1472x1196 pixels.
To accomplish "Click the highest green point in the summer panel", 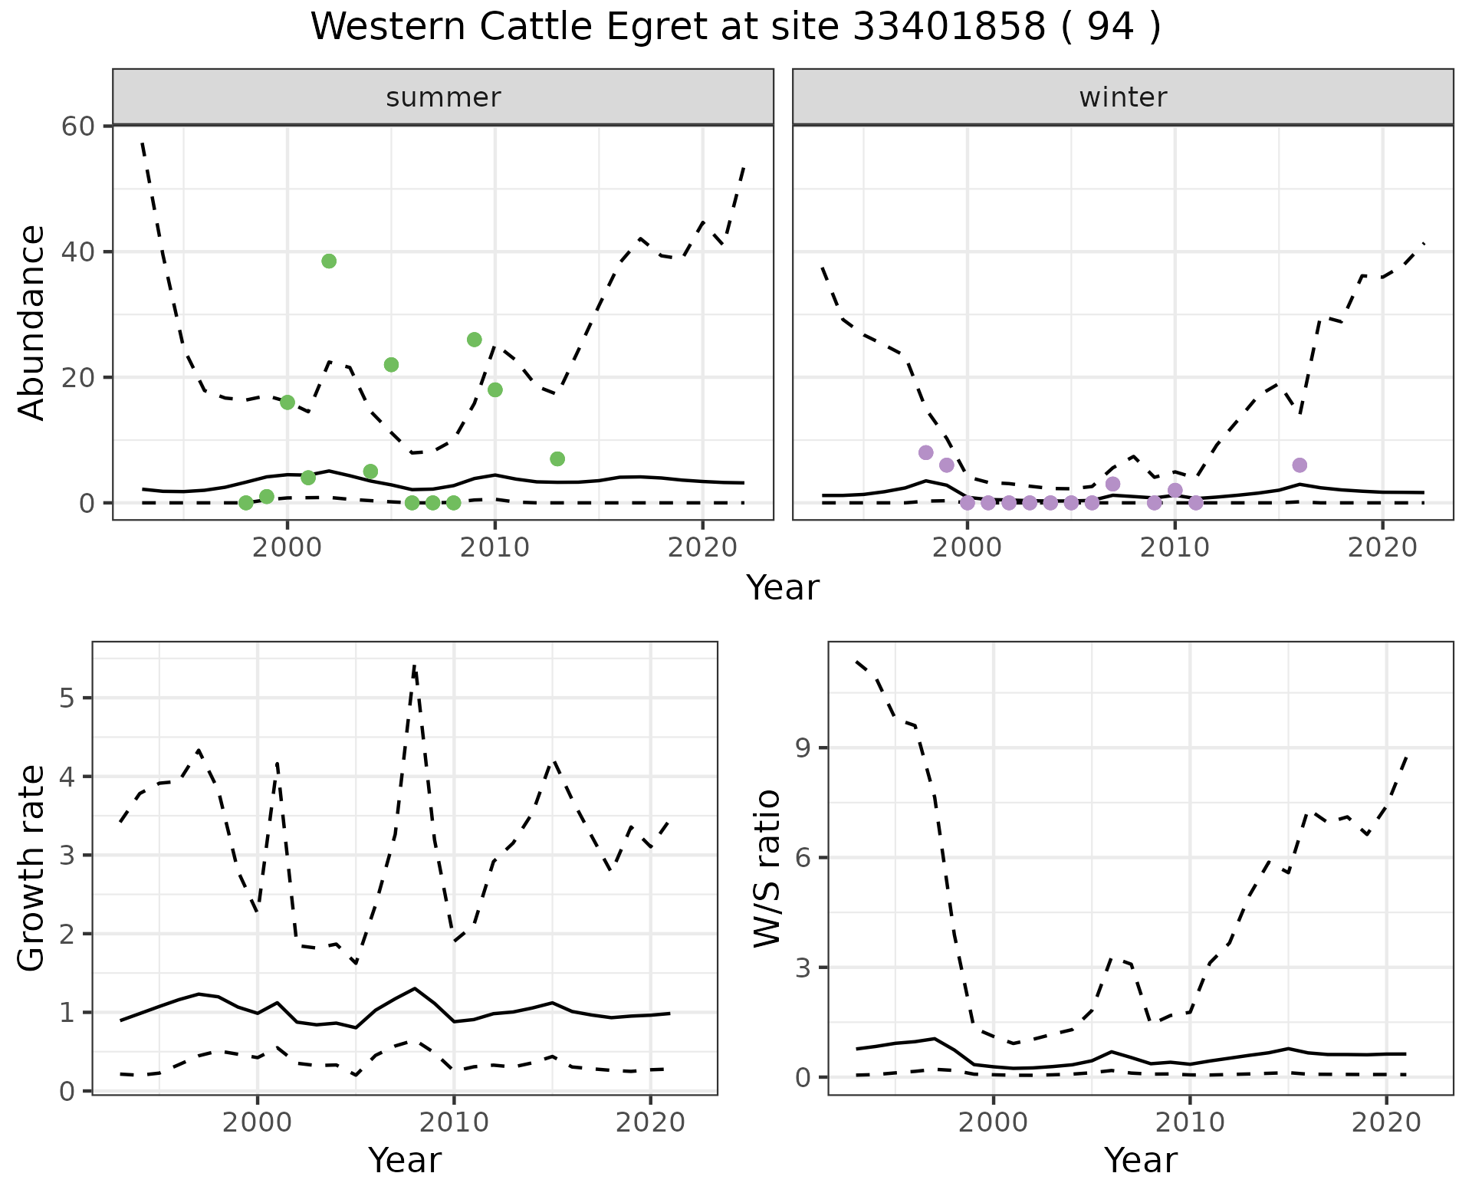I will point(329,261).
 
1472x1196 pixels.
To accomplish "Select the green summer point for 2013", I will point(557,459).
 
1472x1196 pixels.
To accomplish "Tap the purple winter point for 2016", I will point(1299,465).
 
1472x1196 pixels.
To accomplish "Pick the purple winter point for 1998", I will point(926,452).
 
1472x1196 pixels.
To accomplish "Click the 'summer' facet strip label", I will point(443,97).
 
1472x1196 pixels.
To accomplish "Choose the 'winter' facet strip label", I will point(1123,97).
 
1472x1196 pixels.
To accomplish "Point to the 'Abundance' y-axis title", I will point(32,323).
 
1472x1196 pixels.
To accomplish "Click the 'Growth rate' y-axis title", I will point(32,869).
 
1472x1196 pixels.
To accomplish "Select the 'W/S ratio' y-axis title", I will point(767,869).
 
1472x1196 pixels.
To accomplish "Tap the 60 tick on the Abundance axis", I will point(77,127).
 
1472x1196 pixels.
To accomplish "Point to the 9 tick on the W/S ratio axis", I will point(803,748).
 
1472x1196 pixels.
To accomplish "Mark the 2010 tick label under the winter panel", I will point(1175,547).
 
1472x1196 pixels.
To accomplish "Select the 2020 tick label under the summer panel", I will point(702,547).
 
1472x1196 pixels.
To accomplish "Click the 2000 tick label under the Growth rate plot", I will point(258,1123).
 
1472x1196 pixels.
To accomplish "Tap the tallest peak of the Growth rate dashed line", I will point(414,667).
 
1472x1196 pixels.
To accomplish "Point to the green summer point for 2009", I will point(475,340).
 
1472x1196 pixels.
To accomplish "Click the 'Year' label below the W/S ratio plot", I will point(1141,1161).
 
